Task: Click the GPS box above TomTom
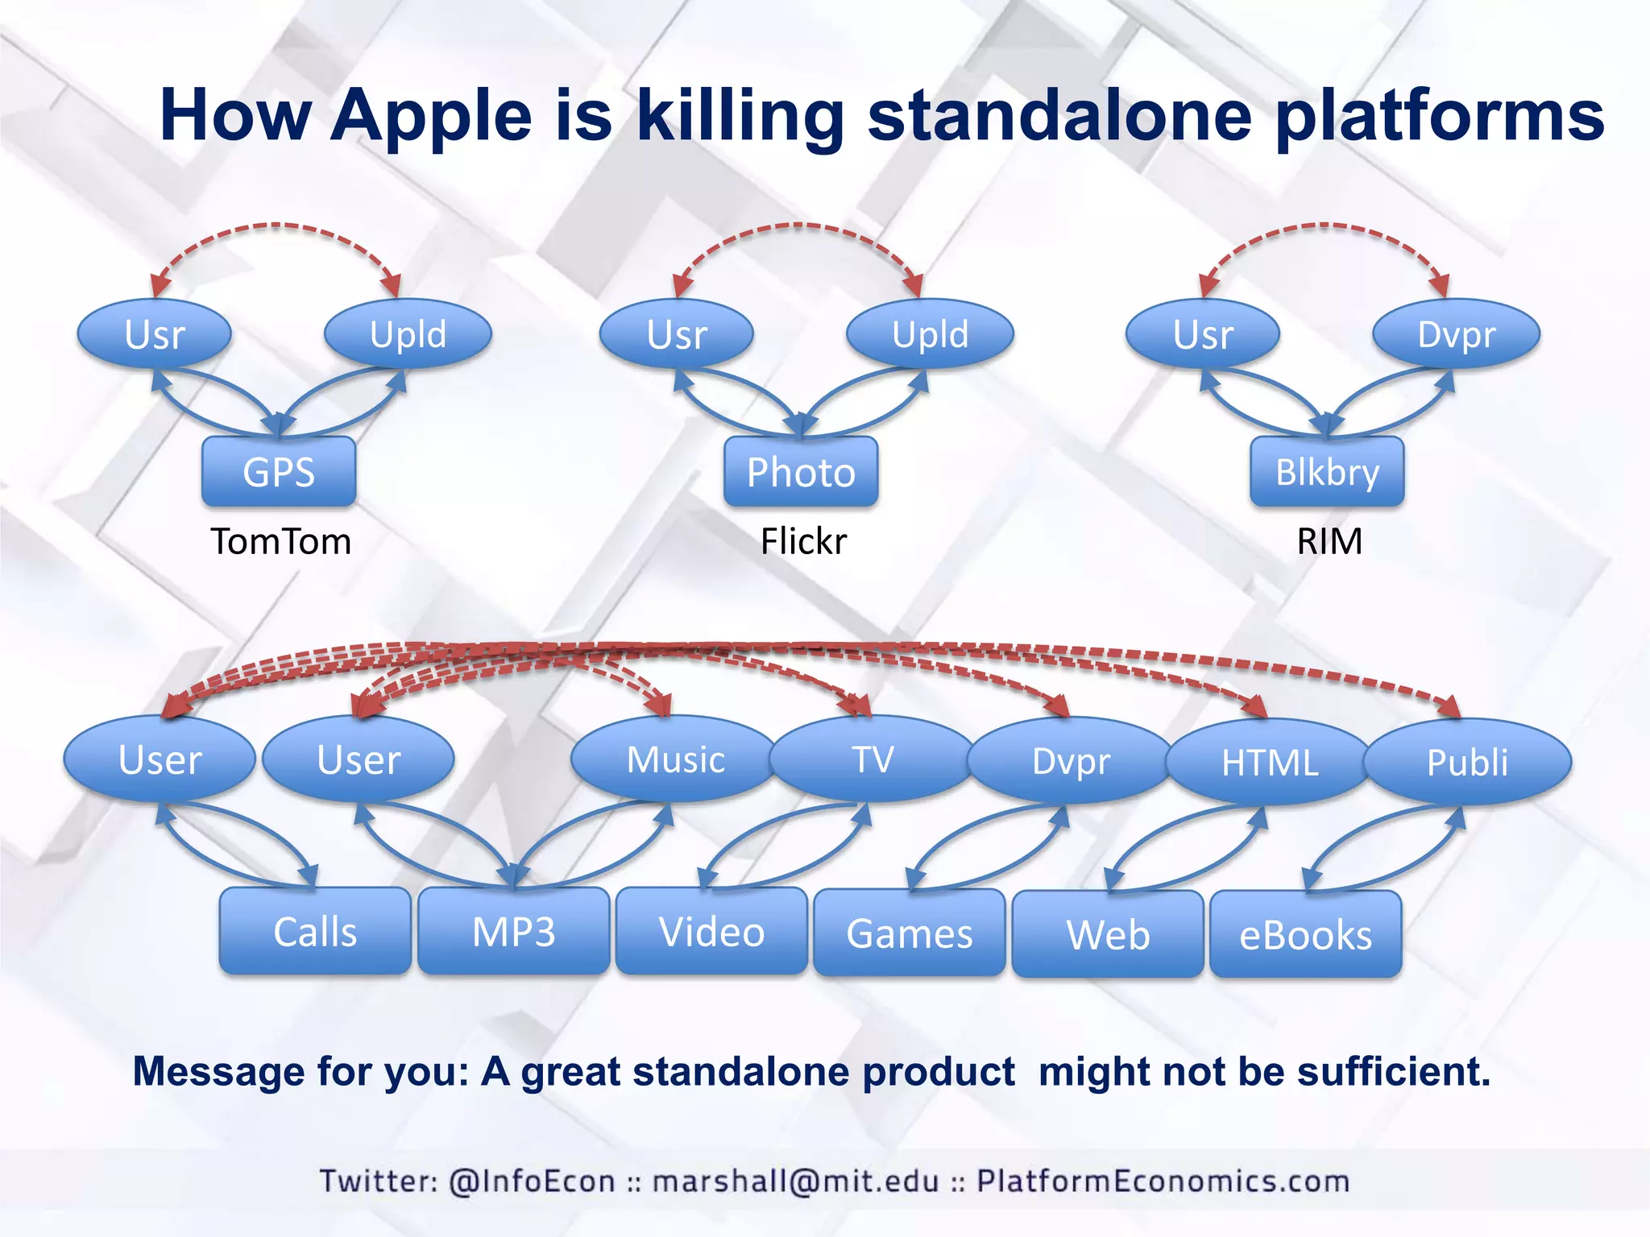coord(279,472)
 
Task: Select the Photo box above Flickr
coord(801,472)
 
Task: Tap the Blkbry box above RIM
coord(1327,472)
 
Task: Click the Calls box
coord(315,932)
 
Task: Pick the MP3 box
coord(513,932)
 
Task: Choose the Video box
coord(711,932)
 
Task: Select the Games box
coord(910,933)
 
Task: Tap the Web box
coord(1108,934)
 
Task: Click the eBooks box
coord(1305,935)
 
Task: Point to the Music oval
coord(675,759)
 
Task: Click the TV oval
coord(873,759)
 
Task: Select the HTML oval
coord(1270,762)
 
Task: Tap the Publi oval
coord(1467,762)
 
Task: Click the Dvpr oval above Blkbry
coord(1456,334)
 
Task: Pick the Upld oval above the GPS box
coord(408,334)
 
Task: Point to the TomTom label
coord(280,541)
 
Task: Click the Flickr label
coord(803,541)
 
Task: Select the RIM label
coord(1329,541)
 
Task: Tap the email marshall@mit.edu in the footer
coord(795,1181)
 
